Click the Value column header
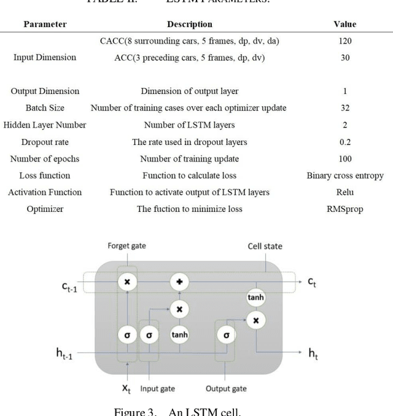[345, 24]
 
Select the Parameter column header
[45, 24]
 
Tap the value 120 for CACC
[345, 41]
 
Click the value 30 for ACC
[345, 57]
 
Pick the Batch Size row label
[45, 108]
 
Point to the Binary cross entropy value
[345, 175]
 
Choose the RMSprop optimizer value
[345, 209]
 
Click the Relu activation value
[345, 192]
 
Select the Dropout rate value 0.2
[345, 141]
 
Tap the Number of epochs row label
[45, 159]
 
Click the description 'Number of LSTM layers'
[189, 125]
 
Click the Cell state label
[265, 246]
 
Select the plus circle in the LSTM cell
[179, 281]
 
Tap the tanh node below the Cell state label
[255, 297]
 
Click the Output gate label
[227, 388]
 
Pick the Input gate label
[158, 388]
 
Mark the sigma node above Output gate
[226, 336]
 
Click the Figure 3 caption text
[197, 410]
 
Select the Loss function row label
[45, 175]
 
